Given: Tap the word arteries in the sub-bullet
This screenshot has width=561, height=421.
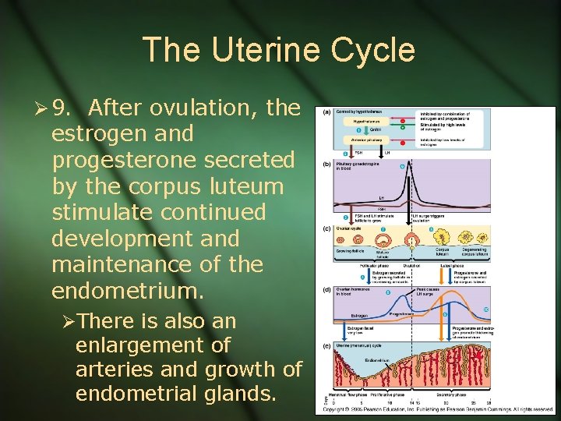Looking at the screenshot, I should [x=116, y=369].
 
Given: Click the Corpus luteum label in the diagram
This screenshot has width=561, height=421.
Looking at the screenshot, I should [x=443, y=252].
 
